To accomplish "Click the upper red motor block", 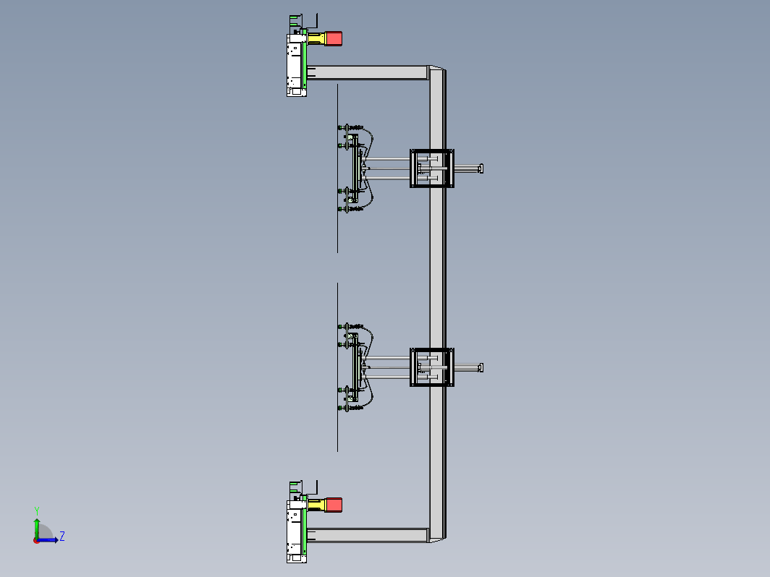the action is pyautogui.click(x=334, y=38).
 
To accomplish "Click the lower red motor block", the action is pyautogui.click(x=334, y=505).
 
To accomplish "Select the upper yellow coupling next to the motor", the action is pyautogui.click(x=316, y=39).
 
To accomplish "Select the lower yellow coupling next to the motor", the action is pyautogui.click(x=316, y=505).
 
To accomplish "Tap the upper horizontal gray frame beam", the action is pyautogui.click(x=368, y=72).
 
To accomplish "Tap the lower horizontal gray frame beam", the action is pyautogui.click(x=368, y=535).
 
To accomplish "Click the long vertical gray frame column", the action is pyautogui.click(x=437, y=304).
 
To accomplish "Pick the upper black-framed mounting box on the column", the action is pyautogui.click(x=431, y=168).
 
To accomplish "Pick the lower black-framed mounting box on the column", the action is pyautogui.click(x=431, y=367).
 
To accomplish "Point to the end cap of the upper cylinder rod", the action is pyautogui.click(x=481, y=168).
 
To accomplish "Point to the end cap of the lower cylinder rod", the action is pyautogui.click(x=481, y=368).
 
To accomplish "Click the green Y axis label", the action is pyautogui.click(x=37, y=511).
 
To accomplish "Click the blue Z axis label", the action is pyautogui.click(x=62, y=536).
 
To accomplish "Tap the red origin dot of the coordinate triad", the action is pyautogui.click(x=36, y=541).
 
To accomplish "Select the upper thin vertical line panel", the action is pyautogui.click(x=337, y=168).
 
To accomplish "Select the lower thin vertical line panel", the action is pyautogui.click(x=337, y=367).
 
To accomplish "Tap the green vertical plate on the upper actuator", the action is pyautogui.click(x=305, y=59).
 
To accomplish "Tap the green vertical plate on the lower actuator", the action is pyautogui.click(x=305, y=526).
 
